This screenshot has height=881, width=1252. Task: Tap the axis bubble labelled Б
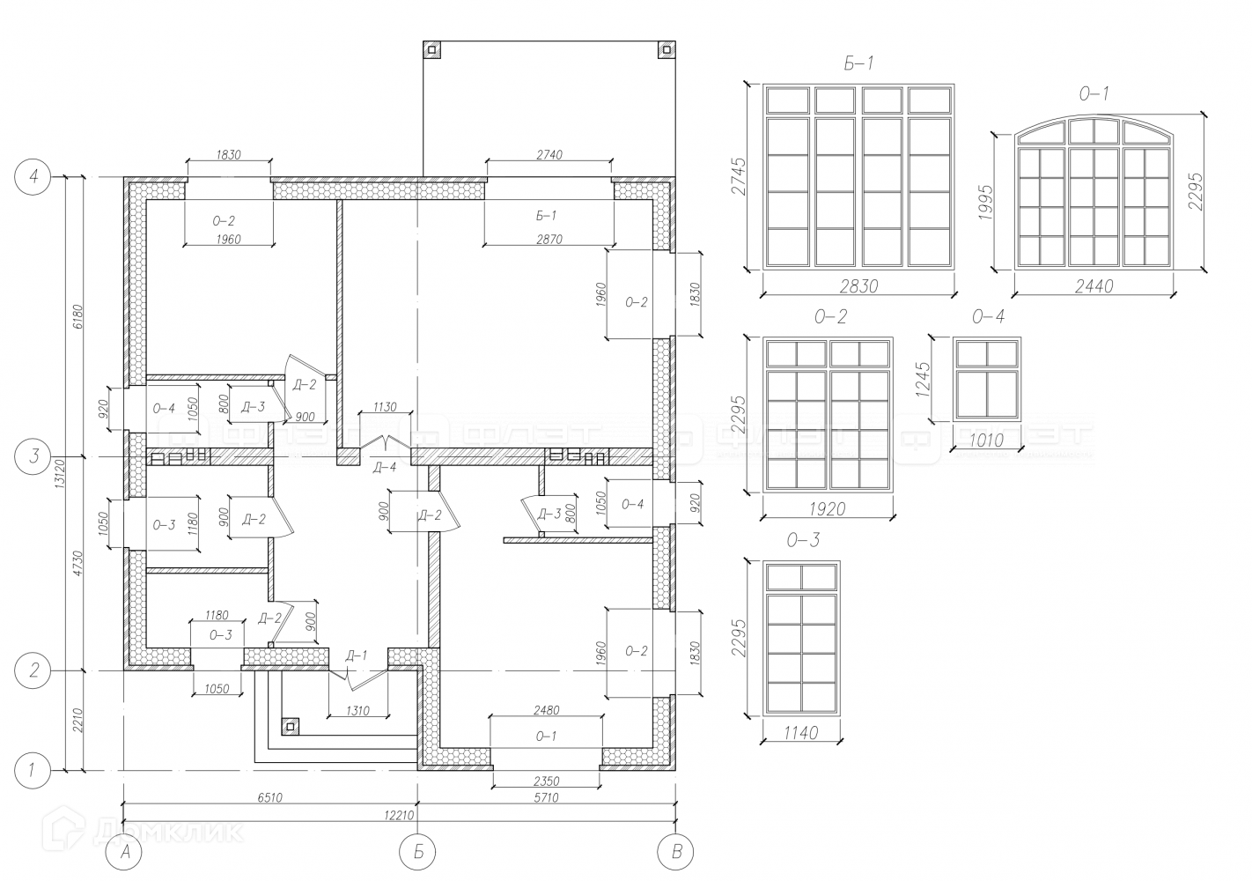tap(416, 852)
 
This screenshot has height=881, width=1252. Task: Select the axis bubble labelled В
tap(676, 852)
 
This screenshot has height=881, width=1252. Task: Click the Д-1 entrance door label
tap(356, 655)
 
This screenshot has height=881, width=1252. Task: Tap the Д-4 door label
tap(385, 467)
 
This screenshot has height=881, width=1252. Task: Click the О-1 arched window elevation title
tap(1094, 93)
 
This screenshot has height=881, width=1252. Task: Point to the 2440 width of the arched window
tap(1094, 285)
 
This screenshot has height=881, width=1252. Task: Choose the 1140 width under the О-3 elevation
tap(800, 732)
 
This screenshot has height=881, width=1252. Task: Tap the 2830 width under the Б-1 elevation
tap(858, 285)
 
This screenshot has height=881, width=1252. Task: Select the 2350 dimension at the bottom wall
tap(546, 781)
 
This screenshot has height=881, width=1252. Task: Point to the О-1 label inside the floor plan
tap(546, 735)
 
